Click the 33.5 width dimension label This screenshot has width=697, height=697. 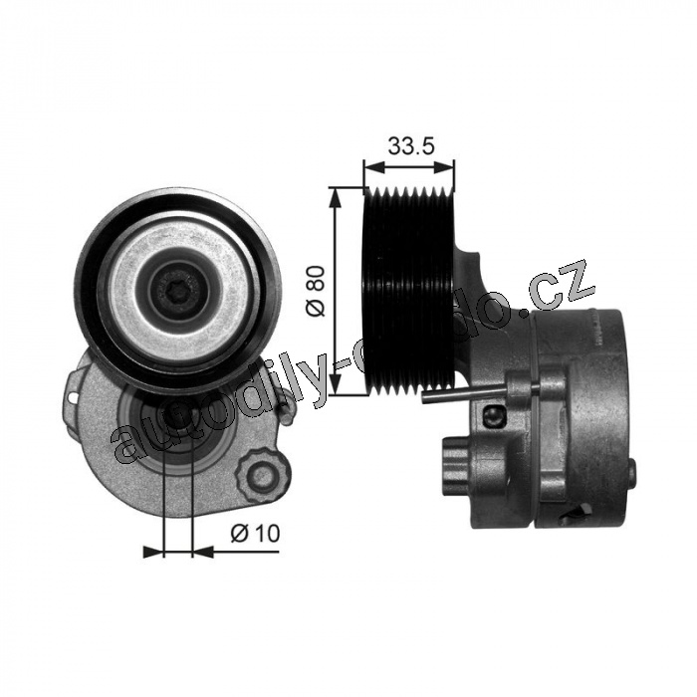click(410, 145)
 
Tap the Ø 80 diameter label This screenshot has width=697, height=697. click(318, 291)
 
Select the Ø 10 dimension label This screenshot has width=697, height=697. click(255, 533)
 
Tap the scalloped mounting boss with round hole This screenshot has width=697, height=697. click(261, 475)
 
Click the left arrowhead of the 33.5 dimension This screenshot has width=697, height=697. click(373, 168)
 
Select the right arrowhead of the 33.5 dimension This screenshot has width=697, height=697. click(445, 168)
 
